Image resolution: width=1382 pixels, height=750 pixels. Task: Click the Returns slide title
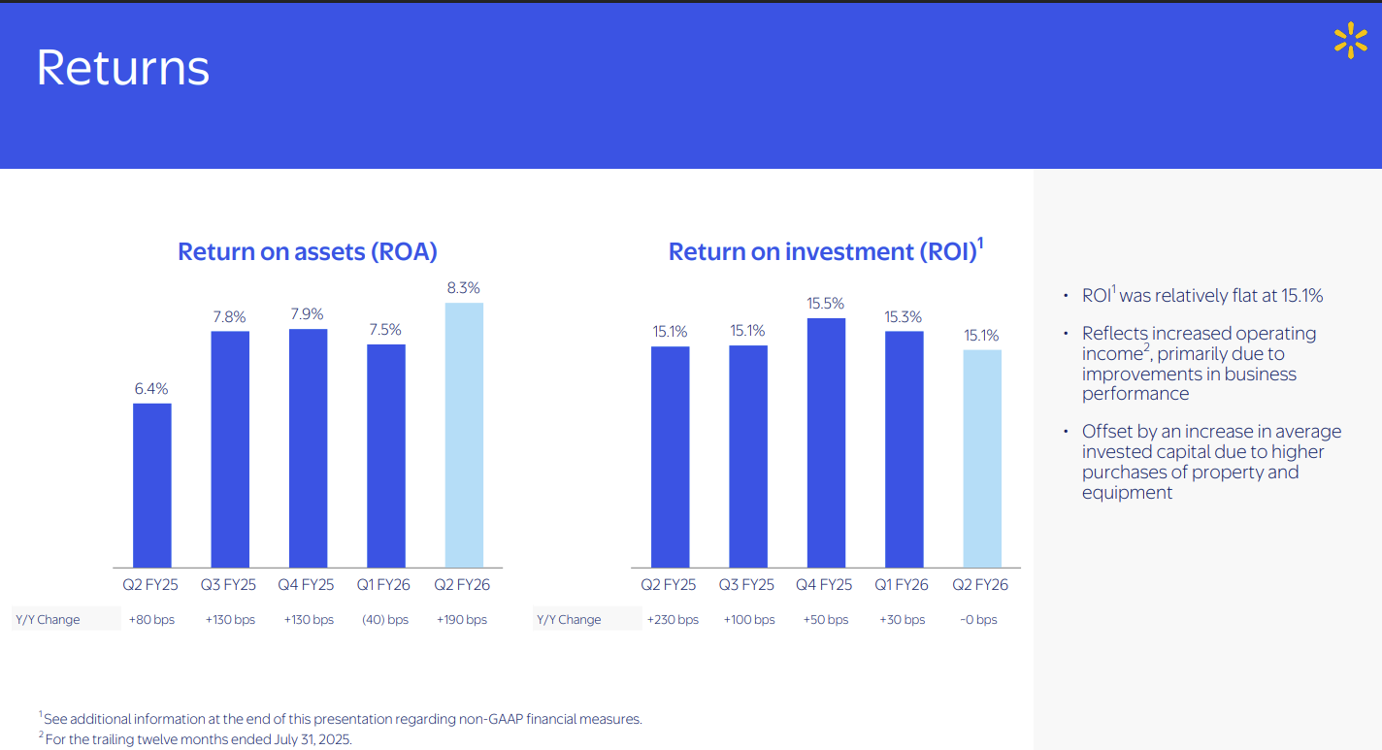122,68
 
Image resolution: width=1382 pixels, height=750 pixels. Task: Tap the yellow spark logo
1350,41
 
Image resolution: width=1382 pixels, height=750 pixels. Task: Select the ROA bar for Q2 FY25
152,485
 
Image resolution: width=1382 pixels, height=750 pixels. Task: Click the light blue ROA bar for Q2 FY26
464,435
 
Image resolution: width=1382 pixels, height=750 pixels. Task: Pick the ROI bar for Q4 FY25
826,442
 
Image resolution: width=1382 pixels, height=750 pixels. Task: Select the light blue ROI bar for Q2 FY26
982,458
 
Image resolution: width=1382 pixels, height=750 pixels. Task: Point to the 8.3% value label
464,288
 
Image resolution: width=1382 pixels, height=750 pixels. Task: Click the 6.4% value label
151,388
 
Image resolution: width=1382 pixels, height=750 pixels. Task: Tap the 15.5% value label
826,304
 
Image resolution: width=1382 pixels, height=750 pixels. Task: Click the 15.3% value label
903,317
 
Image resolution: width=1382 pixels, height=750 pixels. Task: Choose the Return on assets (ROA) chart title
308,251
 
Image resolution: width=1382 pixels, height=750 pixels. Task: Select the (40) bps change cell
385,620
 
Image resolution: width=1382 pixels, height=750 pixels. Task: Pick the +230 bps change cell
672,620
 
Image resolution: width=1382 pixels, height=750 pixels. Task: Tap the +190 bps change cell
462,620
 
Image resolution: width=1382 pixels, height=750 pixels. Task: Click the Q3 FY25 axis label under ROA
229,585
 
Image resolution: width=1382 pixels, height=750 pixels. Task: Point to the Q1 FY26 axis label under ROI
903,585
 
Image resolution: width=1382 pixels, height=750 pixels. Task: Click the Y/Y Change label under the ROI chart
569,620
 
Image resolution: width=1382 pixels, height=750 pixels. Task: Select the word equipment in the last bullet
1127,493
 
